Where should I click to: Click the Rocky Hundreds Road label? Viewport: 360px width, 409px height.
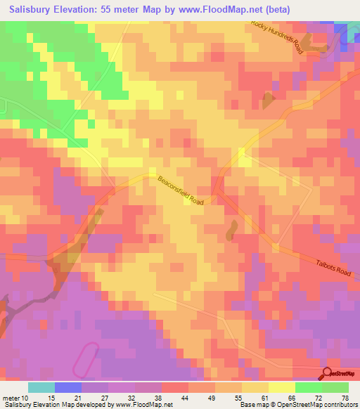tap(278, 37)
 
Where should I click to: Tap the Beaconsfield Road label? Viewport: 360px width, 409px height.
tap(180, 190)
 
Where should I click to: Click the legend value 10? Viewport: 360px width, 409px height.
tap(22, 397)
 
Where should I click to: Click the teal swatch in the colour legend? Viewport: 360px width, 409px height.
tap(41, 387)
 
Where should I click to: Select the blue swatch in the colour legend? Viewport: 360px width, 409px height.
tap(68, 387)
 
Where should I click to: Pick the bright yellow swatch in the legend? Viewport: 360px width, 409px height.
tap(281, 387)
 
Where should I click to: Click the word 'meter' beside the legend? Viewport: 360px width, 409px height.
tap(9, 397)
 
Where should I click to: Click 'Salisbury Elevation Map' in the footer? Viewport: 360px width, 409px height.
tap(35, 405)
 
